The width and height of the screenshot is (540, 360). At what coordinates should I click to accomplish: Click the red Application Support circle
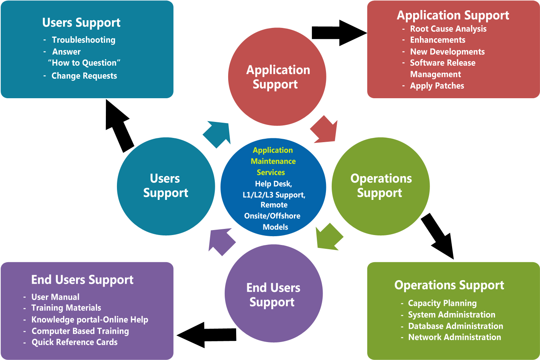(277, 77)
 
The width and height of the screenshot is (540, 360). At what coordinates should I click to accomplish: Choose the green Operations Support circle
(381, 186)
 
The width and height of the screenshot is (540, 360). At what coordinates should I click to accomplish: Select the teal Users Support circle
(166, 186)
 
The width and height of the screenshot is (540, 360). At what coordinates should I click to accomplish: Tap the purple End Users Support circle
(274, 294)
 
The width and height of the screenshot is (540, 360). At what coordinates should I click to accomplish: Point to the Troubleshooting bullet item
(83, 40)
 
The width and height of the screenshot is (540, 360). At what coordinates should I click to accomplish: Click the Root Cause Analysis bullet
(448, 29)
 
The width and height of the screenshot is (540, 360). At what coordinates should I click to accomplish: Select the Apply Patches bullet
(437, 86)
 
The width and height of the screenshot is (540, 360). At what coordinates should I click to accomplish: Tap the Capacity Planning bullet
(442, 303)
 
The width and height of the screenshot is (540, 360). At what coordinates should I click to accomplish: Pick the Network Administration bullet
(454, 337)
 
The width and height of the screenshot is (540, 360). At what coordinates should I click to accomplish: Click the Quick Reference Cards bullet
(75, 342)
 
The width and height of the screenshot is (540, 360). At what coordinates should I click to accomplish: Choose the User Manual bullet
(55, 297)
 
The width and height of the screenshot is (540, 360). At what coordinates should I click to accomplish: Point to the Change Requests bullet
(84, 76)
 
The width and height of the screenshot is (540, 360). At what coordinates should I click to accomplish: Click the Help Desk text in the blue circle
(273, 184)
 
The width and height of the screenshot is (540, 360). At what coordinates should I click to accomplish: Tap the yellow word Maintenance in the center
(273, 161)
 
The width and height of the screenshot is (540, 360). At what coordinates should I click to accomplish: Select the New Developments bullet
(447, 52)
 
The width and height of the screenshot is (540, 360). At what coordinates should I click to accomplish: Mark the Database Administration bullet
(456, 326)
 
